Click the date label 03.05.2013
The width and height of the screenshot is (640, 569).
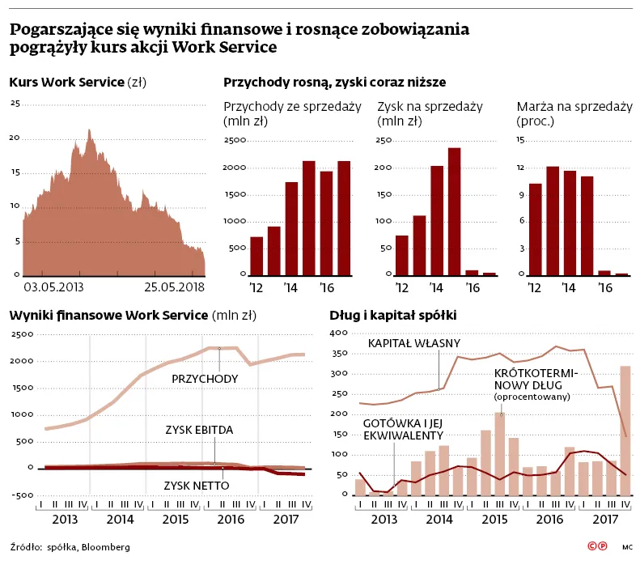53,287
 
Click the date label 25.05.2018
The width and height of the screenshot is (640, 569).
176,287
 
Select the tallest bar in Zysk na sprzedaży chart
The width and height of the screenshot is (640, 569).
454,211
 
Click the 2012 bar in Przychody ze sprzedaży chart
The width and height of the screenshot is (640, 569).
256,256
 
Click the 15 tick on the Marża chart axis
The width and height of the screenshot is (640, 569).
521,141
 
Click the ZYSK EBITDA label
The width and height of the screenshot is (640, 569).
199,430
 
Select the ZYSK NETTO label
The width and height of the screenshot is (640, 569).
196,486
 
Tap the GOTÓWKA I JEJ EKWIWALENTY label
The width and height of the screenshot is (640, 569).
402,429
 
